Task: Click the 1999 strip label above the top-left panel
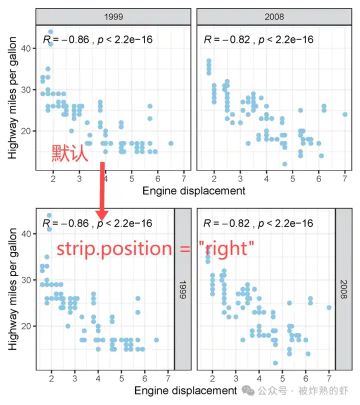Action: point(113,17)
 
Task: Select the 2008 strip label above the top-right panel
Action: point(274,17)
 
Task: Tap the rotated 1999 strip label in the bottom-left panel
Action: point(183,289)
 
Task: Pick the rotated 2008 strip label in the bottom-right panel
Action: point(343,289)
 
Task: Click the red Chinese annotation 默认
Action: point(69,153)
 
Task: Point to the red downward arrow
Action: point(102,191)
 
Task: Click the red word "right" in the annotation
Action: point(226,248)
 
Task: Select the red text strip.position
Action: point(114,248)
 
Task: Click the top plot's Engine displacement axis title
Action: point(193,191)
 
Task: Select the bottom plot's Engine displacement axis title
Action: point(185,390)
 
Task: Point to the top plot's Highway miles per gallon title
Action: point(12,97)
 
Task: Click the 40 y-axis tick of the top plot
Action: point(26,48)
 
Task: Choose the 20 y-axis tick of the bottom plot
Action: point(26,326)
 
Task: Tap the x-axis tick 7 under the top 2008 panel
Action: point(345,178)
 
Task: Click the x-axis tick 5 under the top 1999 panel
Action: point(131,178)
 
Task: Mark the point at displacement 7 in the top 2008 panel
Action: point(345,114)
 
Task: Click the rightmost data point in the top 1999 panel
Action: point(170,143)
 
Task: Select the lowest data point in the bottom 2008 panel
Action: point(275,363)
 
